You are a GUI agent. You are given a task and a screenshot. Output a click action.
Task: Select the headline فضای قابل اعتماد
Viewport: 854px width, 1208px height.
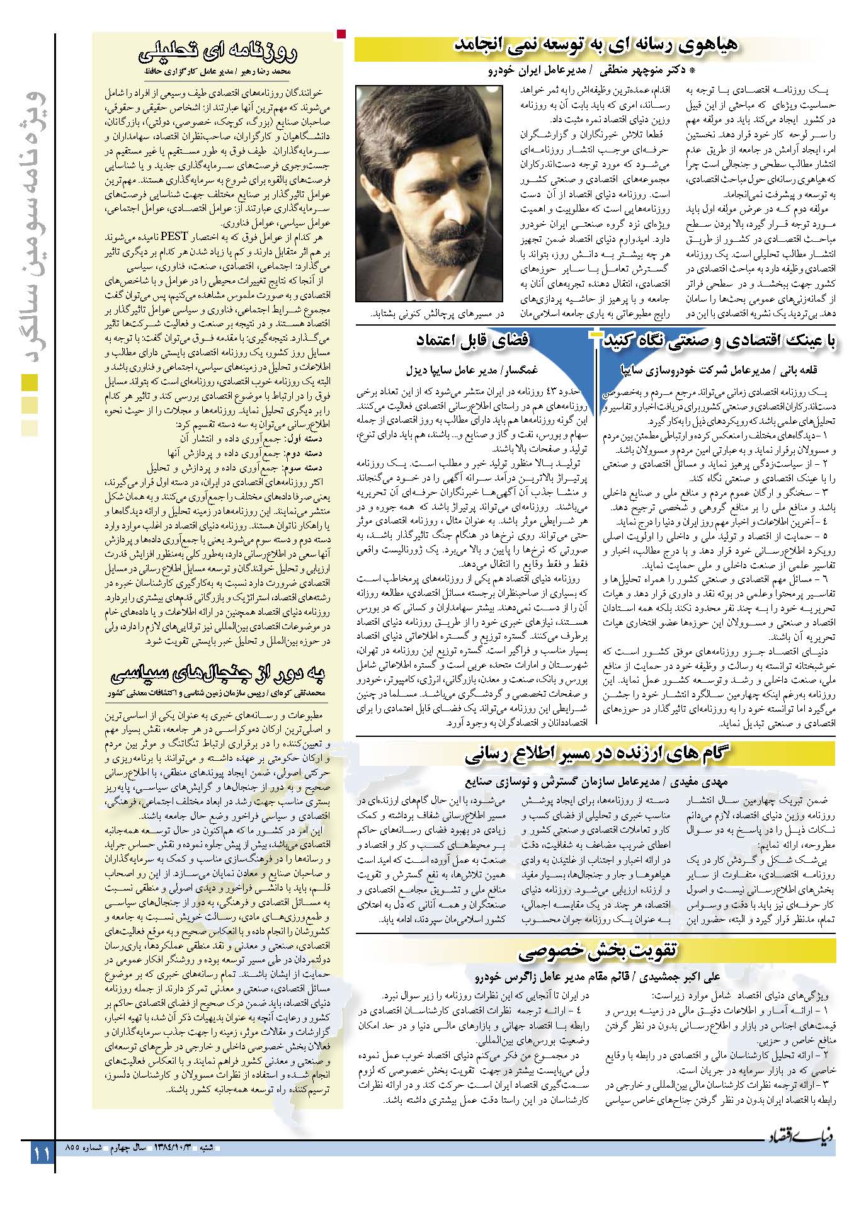[472, 341]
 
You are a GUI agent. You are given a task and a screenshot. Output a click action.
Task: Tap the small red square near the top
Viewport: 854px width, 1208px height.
[341, 34]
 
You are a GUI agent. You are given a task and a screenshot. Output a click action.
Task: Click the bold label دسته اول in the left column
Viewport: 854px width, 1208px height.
[308, 438]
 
